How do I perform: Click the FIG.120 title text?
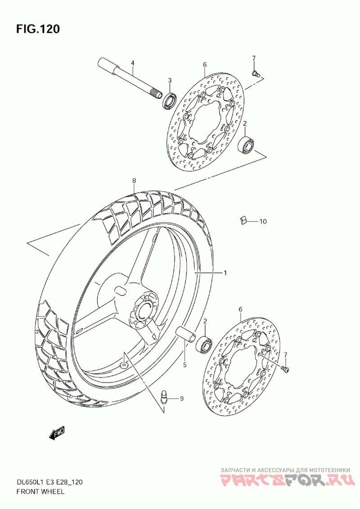click(38, 29)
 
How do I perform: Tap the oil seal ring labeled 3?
click(169, 100)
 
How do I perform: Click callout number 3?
click(170, 80)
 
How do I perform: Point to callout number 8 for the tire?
click(134, 181)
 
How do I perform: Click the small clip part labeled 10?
click(243, 220)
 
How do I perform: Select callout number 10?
click(263, 221)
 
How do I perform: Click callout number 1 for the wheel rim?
click(225, 272)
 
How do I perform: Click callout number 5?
click(184, 365)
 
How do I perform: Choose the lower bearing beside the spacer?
click(205, 343)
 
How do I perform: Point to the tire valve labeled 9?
click(165, 397)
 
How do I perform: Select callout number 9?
click(182, 398)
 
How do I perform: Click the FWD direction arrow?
click(57, 433)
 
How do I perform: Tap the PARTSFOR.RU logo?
click(288, 481)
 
